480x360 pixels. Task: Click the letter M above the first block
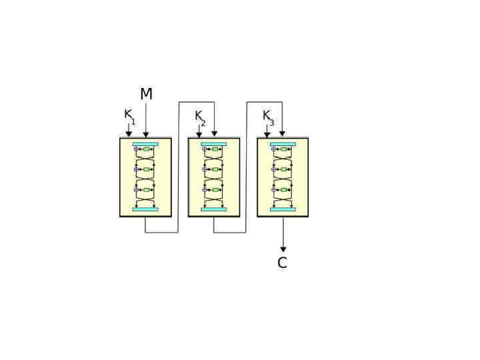point(146,95)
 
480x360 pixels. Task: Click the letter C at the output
point(282,263)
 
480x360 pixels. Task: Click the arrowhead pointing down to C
point(283,249)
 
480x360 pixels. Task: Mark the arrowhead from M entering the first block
point(146,135)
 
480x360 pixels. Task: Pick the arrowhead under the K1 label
point(129,134)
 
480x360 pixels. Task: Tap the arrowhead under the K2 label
point(199,135)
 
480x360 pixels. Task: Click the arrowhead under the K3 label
point(267,135)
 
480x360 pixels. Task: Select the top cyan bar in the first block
point(145,143)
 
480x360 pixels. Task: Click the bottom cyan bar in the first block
point(145,209)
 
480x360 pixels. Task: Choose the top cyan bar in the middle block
point(214,143)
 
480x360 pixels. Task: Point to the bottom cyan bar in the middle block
point(214,209)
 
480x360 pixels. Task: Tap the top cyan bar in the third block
point(283,143)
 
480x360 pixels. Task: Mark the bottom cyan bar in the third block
point(283,209)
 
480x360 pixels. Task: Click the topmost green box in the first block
point(147,149)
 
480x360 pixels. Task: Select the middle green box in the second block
point(215,169)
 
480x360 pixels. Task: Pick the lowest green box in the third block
point(284,190)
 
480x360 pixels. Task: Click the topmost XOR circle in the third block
point(273,149)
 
